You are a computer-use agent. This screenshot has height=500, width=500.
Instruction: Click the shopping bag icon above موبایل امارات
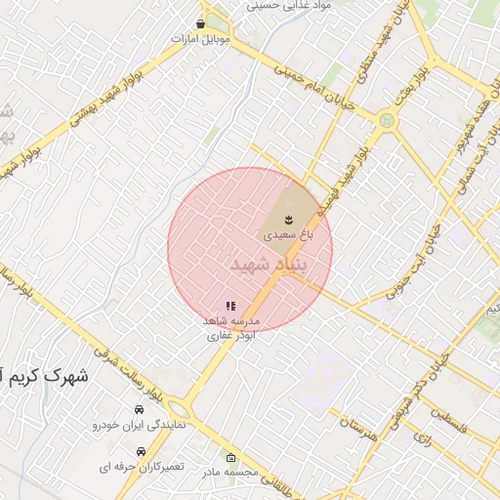(x=201, y=23)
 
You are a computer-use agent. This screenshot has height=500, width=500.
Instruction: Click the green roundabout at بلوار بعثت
(x=389, y=122)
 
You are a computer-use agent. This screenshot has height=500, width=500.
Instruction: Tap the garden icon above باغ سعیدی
(x=289, y=217)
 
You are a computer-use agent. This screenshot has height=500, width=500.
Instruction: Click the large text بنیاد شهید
(x=270, y=264)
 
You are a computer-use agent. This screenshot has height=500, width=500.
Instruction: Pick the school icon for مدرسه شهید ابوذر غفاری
(x=230, y=306)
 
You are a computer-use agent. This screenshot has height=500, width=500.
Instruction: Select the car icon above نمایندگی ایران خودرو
(x=140, y=410)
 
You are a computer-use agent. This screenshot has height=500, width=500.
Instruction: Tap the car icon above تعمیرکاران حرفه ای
(x=143, y=452)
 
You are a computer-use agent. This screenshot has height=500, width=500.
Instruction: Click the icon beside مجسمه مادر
(x=230, y=458)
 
